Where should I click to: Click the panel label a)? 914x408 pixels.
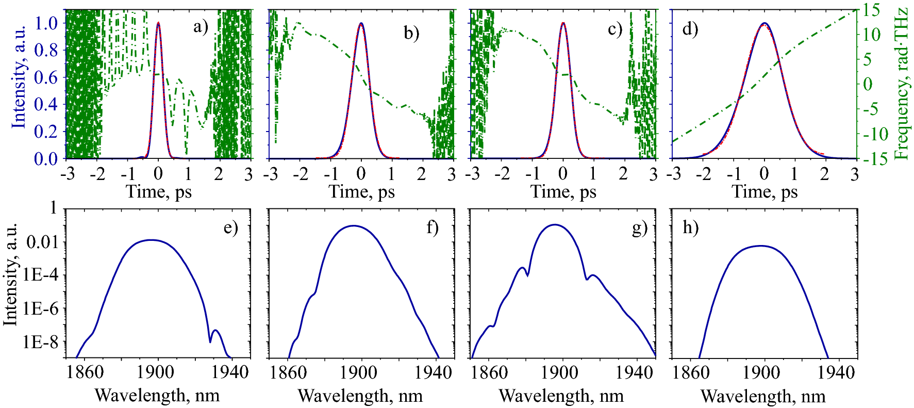(x=201, y=26)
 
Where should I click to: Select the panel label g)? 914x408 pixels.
(x=639, y=227)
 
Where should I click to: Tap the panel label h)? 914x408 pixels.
(x=690, y=227)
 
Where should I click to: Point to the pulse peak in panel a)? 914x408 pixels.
(x=158, y=23)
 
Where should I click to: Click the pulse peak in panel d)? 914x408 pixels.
(x=764, y=23)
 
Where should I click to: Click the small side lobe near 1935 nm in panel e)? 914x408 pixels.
(x=215, y=331)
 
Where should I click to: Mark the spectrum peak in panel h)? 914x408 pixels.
(x=761, y=246)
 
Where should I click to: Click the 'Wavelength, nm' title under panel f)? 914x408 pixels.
(x=360, y=396)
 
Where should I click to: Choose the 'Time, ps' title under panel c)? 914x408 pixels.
(x=563, y=192)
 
